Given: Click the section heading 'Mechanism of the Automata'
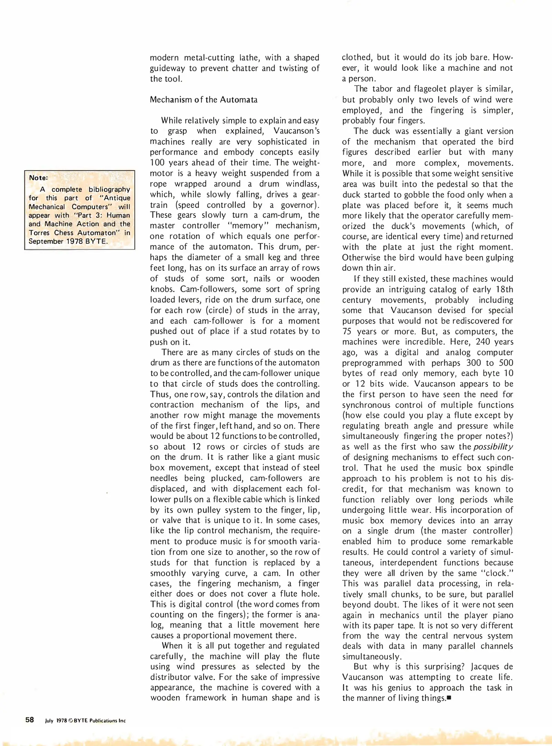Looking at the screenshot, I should (x=204, y=100).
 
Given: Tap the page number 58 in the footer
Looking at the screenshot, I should (x=30, y=720).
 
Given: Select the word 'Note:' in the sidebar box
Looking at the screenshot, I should (x=38, y=178).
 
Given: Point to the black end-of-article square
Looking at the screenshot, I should (x=449, y=698).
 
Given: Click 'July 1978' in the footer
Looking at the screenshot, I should (x=56, y=720).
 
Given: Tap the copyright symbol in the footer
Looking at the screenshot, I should (x=71, y=720).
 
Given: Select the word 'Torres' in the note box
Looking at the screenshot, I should (x=39, y=233).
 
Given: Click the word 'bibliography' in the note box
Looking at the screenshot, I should (x=109, y=190).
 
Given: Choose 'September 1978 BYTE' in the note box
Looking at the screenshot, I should (x=68, y=241).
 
